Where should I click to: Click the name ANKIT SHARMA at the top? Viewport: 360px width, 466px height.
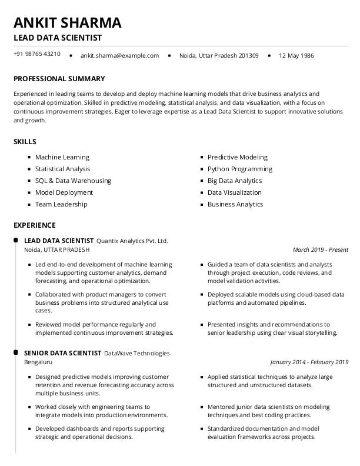68,22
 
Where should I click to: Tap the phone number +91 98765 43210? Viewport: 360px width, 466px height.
36,54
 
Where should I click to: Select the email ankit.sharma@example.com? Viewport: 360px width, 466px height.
119,56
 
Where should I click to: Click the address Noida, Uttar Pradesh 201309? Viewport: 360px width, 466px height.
219,56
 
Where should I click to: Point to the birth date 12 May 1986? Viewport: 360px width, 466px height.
296,56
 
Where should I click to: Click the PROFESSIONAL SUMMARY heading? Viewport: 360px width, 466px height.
59,79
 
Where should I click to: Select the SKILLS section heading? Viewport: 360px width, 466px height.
25,142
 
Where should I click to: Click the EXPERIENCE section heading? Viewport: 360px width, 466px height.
34,225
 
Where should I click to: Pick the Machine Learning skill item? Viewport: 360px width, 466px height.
62,157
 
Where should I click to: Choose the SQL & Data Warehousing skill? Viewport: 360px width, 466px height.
73,181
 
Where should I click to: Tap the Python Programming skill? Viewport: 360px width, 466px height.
240,169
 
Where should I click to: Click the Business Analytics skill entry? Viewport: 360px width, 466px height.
235,204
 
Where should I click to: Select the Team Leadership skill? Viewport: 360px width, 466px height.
61,204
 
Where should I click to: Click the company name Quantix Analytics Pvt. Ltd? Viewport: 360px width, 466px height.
132,241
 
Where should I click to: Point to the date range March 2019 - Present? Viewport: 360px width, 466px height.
320,249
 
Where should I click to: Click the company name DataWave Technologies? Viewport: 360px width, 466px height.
136,353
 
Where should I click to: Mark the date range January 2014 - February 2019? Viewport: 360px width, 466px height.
309,362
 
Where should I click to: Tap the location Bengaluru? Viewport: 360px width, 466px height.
38,362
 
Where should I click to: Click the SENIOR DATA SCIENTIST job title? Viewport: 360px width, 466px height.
62,353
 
